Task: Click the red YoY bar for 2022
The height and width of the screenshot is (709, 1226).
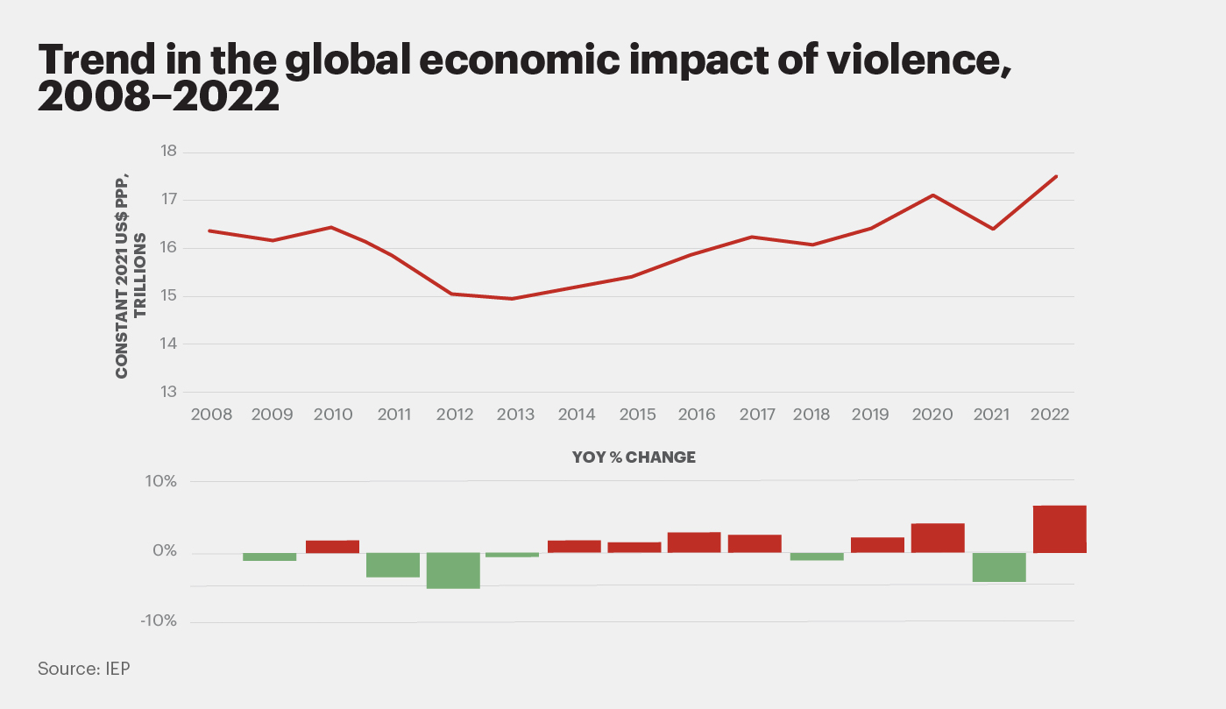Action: click(x=1059, y=529)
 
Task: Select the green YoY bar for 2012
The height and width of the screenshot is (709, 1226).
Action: click(x=453, y=571)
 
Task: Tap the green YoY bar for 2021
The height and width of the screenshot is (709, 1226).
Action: click(x=999, y=567)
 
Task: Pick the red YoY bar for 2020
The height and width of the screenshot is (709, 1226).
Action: click(x=938, y=538)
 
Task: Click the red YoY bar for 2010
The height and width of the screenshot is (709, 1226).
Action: click(x=332, y=547)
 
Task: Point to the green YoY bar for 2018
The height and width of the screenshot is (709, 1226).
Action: click(x=817, y=557)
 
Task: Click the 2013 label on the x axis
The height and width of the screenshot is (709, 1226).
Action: click(x=515, y=415)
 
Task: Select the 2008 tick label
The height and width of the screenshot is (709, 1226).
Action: click(x=211, y=415)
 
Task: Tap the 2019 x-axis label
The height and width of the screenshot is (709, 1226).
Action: click(x=871, y=415)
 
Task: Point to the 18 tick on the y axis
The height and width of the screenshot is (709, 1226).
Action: click(x=167, y=152)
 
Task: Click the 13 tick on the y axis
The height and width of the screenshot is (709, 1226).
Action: click(x=167, y=392)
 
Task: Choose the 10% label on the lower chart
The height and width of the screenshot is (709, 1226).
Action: click(x=161, y=482)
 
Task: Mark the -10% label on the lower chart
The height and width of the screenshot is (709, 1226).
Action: click(x=159, y=621)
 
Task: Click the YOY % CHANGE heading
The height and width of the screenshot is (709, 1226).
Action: click(x=634, y=457)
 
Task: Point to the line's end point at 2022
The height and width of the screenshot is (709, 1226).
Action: click(x=1057, y=176)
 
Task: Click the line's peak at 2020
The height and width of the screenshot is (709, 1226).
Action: click(x=932, y=195)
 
